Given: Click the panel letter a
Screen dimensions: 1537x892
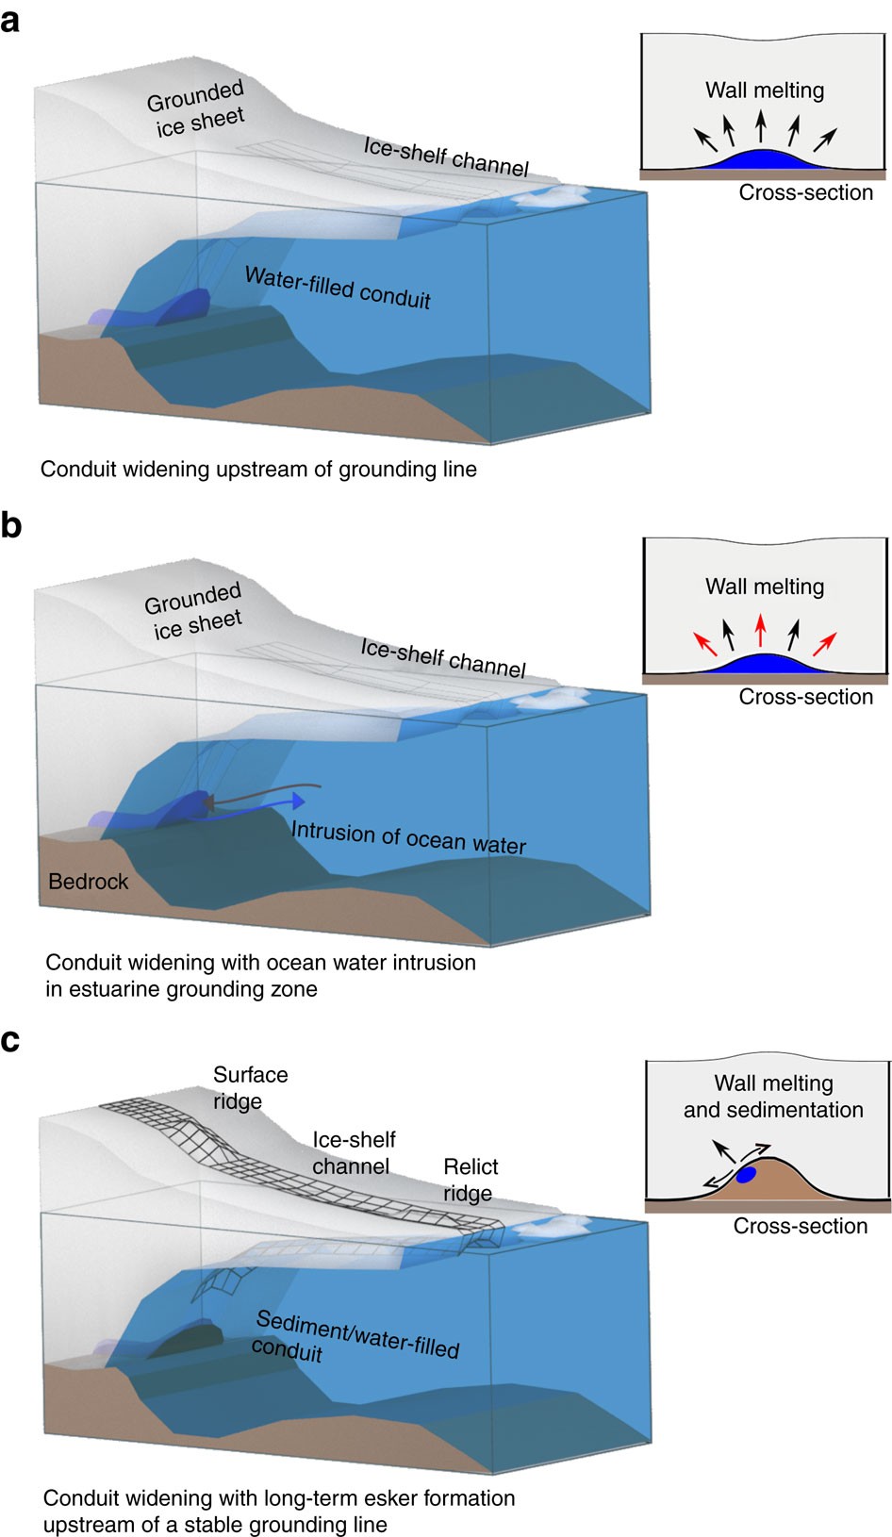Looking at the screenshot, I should click(10, 19).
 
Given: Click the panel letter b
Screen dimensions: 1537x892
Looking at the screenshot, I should click(11, 524).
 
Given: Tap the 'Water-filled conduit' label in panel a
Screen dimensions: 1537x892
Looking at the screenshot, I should click(338, 289).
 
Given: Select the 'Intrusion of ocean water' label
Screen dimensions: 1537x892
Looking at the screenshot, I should click(408, 837).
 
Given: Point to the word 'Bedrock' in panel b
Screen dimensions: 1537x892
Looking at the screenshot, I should click(89, 882).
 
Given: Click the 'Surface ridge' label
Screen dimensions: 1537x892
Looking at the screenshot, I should click(250, 1087).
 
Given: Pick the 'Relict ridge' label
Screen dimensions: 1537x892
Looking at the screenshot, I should click(470, 1180).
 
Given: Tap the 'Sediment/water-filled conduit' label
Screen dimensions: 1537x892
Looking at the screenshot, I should click(355, 1337).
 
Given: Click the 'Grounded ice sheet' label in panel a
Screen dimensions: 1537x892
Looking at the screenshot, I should click(196, 109).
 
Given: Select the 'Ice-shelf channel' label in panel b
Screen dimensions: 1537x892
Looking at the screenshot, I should click(443, 657).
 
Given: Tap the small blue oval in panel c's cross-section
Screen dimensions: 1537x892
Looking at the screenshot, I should click(746, 1175).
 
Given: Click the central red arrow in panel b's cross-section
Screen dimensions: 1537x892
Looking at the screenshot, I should click(761, 628).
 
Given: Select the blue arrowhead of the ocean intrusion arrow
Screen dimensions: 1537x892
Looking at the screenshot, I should click(299, 802).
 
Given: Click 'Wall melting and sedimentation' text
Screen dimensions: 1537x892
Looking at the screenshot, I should click(773, 1096).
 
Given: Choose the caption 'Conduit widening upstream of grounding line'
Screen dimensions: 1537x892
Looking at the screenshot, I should click(258, 470).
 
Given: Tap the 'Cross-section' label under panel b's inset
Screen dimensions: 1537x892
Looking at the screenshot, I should click(805, 697).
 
